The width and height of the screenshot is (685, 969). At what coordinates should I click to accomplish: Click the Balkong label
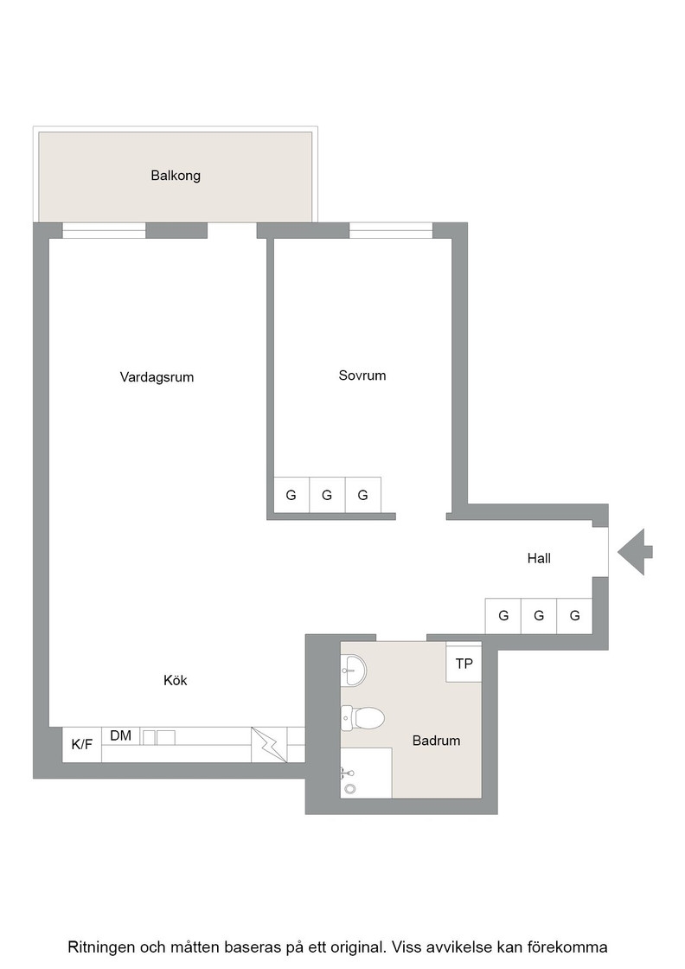(176, 176)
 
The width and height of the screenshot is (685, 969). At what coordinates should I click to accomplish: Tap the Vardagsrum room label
(157, 377)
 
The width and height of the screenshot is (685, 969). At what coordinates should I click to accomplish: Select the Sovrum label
(362, 375)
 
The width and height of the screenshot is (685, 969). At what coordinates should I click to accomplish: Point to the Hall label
(539, 558)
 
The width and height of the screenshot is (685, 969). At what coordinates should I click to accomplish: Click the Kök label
(175, 680)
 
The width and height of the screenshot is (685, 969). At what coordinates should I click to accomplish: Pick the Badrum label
(436, 741)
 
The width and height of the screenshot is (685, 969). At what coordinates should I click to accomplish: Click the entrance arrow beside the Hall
(635, 552)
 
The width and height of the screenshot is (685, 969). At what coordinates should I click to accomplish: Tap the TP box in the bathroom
(464, 663)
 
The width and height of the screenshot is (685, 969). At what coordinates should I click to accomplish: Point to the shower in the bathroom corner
(366, 773)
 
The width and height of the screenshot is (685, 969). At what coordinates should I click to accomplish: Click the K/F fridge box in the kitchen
(82, 744)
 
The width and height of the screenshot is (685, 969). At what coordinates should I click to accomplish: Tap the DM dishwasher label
(120, 735)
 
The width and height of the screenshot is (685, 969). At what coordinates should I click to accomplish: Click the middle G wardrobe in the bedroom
(327, 495)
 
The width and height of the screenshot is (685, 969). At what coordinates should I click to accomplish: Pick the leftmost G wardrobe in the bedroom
(291, 495)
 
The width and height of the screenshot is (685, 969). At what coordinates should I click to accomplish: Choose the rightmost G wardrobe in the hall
(574, 615)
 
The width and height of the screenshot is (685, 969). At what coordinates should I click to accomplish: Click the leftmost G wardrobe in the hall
(503, 615)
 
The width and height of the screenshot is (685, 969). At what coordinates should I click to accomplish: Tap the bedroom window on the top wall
(391, 230)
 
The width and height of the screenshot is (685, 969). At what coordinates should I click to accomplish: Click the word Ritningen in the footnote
(100, 947)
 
